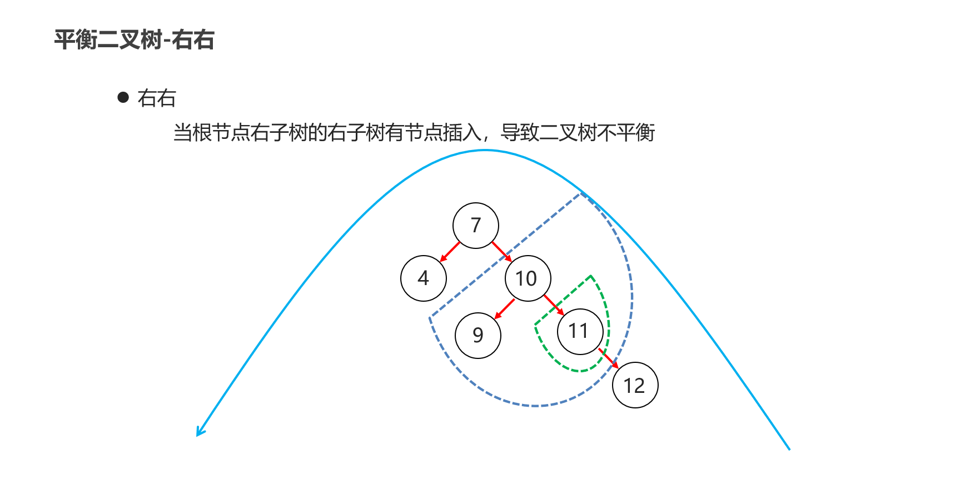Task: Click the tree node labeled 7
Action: click(476, 226)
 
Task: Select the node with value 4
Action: click(424, 278)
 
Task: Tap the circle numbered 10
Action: click(528, 278)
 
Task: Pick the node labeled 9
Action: click(478, 336)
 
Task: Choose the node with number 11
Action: click(580, 332)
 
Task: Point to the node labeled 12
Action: click(635, 385)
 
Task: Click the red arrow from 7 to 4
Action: click(450, 252)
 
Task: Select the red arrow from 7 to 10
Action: click(502, 252)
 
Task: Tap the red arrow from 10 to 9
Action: click(504, 309)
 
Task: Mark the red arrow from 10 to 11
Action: click(554, 305)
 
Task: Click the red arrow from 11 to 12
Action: click(609, 358)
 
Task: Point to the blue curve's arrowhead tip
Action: click(197, 436)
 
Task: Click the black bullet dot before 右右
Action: click(123, 98)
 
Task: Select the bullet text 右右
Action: click(157, 98)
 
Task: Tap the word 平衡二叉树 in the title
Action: click(108, 40)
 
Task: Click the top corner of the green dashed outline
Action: click(591, 276)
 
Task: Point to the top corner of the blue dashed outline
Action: click(580, 193)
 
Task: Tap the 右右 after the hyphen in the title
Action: click(193, 40)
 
